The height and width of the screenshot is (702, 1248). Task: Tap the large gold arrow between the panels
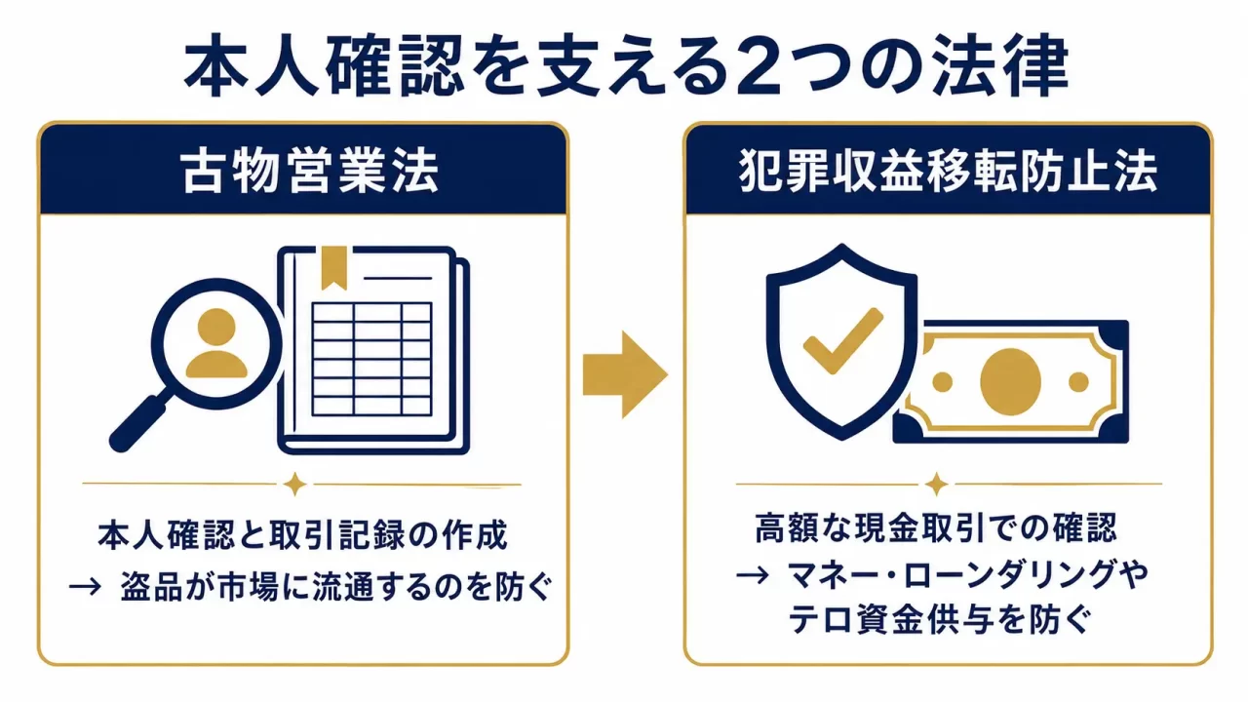[625, 374]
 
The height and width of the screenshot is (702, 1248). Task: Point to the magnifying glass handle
[137, 423]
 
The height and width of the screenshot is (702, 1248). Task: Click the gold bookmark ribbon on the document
[333, 268]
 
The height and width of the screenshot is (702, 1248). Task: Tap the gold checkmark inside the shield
[843, 341]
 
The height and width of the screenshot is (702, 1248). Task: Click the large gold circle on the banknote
[1010, 382]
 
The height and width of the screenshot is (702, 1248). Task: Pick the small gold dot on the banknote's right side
[1078, 382]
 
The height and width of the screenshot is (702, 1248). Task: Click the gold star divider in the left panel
[294, 485]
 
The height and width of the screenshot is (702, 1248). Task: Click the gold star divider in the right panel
[937, 485]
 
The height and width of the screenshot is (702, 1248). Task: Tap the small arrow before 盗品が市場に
[85, 587]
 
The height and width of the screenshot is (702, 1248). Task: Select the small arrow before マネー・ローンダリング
[752, 574]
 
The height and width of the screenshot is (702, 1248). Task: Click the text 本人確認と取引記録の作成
[302, 535]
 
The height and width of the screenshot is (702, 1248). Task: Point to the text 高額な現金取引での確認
[936, 527]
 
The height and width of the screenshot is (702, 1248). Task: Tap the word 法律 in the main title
[1000, 68]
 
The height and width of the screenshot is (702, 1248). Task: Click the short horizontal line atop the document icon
[397, 278]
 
